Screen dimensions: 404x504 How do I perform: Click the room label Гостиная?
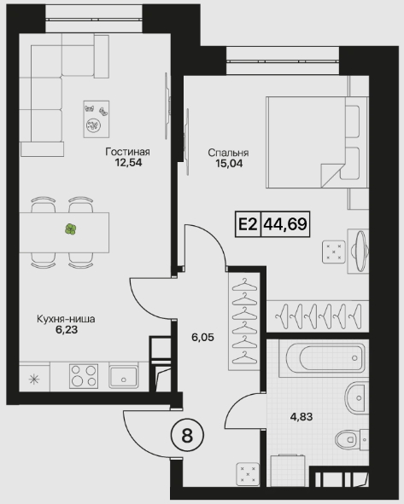[x=127, y=152]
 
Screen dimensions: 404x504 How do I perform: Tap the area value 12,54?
[x=128, y=163]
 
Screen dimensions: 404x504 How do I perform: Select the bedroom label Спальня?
[x=228, y=153]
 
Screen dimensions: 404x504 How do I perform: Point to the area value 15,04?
[x=229, y=164]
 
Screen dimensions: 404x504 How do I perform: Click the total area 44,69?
[x=285, y=223]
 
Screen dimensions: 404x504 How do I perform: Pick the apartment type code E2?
[x=248, y=224]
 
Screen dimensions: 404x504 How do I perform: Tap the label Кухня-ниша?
[x=66, y=319]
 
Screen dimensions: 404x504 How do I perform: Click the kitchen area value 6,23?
[x=67, y=330]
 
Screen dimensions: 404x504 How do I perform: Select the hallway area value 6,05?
[x=202, y=338]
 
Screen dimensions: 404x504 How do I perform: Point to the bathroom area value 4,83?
[x=302, y=417]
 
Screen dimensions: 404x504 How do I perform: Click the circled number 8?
[x=187, y=436]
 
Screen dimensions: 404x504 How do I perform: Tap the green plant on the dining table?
[x=71, y=229]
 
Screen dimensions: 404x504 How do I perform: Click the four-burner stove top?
[x=84, y=376]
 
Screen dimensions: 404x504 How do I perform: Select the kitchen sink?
[x=123, y=375]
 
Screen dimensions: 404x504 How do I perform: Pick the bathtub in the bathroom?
[x=323, y=358]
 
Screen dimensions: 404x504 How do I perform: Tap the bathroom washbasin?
[x=356, y=397]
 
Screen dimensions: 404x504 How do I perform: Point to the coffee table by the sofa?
[x=97, y=119]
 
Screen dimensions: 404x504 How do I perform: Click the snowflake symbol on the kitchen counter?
[x=34, y=379]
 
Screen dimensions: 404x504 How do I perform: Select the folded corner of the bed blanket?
[x=331, y=174]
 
